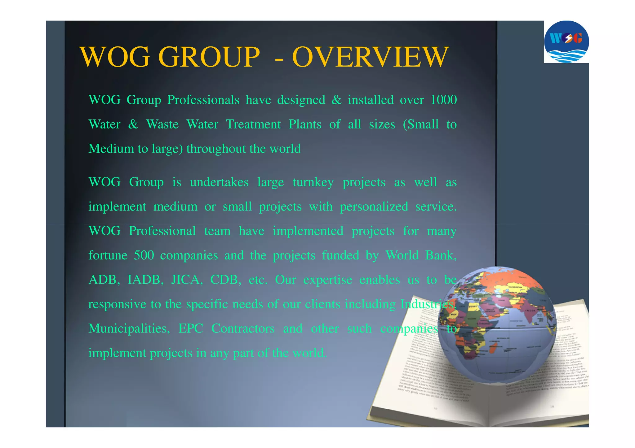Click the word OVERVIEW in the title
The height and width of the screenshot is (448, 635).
click(370, 57)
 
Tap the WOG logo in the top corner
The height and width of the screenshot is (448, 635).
click(566, 42)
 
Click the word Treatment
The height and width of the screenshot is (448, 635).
click(253, 124)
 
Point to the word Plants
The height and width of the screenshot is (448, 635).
click(305, 124)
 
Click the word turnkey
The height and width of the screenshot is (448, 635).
click(313, 182)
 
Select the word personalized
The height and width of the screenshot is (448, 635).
click(374, 207)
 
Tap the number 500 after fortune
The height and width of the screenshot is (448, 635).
click(144, 255)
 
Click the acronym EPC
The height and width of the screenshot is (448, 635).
click(191, 328)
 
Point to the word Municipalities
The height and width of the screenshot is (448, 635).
click(129, 328)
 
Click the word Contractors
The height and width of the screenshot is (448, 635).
click(243, 328)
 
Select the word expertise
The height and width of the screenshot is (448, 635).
click(327, 280)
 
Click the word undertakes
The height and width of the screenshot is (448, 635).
click(219, 182)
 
